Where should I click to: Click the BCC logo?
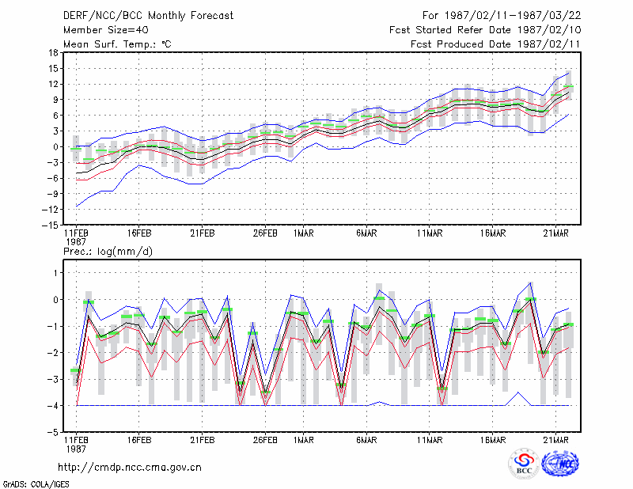524,464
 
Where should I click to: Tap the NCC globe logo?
560,464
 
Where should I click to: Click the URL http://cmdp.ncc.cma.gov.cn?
130,468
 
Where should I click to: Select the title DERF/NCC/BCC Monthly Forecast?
148,16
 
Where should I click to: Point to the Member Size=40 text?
106,30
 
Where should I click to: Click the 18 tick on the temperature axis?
53,52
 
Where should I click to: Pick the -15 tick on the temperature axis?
50,225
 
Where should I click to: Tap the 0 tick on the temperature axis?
55,147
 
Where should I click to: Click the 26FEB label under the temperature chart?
265,233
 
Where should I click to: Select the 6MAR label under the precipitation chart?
366,440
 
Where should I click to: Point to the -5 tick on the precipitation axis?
53,433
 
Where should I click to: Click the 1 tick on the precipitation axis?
56,273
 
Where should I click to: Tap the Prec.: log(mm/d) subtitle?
108,252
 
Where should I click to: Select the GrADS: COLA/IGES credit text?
36,484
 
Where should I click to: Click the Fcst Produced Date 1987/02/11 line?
496,44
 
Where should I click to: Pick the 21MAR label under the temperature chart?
556,233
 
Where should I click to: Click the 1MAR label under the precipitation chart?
304,440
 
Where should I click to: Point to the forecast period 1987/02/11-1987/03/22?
513,16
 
